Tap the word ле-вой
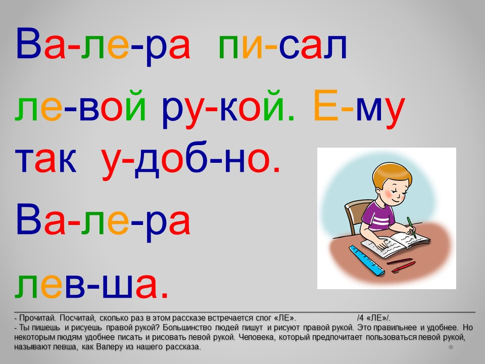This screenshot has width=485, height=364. pos(80,105)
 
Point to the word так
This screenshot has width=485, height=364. pos(45,160)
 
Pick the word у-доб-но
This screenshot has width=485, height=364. pos(191,160)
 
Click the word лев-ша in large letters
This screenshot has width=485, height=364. pos(91,285)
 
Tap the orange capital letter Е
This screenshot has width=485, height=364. pos(325,105)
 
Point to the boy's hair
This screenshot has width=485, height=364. pos(391,175)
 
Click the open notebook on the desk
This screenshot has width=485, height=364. pos(395,245)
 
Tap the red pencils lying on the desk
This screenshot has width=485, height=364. pos(402,265)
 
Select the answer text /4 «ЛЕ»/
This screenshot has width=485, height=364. pos(374,318)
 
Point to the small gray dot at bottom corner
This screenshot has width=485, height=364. pos(451,347)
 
